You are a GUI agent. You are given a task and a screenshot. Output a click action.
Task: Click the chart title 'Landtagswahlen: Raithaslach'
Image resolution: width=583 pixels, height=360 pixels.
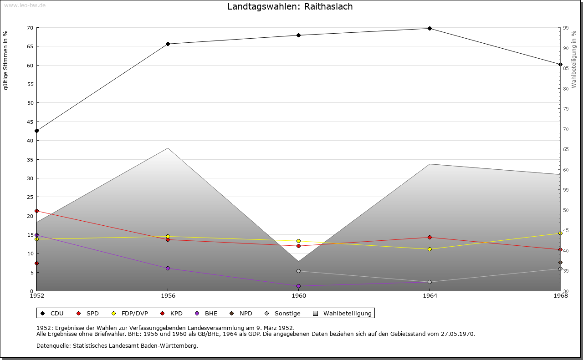[290, 7]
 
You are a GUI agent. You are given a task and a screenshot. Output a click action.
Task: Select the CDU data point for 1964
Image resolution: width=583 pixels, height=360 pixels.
[430, 29]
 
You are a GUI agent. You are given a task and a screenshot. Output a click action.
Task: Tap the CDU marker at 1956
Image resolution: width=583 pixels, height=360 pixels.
[168, 44]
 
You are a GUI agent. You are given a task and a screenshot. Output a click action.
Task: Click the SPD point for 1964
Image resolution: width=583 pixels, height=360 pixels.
[430, 238]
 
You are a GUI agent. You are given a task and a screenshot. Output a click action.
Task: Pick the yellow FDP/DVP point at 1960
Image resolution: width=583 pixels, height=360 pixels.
[298, 241]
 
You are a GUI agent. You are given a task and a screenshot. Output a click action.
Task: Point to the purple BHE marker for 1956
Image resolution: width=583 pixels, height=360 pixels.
[168, 269]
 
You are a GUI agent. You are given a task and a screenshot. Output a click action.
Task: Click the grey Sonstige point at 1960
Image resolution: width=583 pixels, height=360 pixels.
[298, 271]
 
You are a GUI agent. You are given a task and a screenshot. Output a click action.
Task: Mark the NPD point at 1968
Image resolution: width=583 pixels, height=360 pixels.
[560, 263]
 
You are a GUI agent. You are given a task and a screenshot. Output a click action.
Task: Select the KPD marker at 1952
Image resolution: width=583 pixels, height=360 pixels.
[36, 264]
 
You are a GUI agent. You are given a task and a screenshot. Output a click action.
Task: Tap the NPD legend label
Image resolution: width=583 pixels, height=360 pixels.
[245, 314]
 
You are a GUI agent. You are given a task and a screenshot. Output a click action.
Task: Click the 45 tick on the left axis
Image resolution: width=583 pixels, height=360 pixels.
[30, 122]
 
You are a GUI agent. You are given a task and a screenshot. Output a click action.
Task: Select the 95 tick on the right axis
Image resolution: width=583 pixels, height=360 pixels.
[565, 28]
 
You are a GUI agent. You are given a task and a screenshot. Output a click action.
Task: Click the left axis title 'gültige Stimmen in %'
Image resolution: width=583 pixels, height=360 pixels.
[6, 60]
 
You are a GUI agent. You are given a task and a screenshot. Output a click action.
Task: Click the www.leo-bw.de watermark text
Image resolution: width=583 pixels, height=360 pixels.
[25, 5]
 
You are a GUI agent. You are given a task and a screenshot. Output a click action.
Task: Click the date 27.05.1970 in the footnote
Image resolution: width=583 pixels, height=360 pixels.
[457, 334]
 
